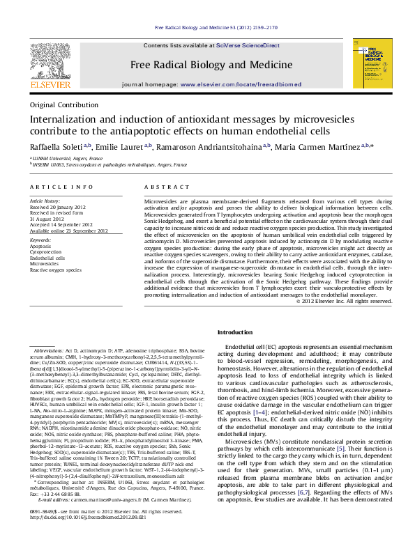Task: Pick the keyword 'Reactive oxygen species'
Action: point(56,270)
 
